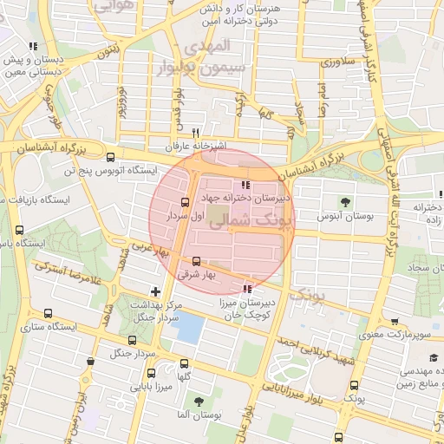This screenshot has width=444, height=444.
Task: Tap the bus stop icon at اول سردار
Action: pos(185,202)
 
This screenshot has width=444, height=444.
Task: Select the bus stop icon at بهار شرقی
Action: pos(196,260)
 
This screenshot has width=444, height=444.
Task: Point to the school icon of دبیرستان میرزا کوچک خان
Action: pos(248,288)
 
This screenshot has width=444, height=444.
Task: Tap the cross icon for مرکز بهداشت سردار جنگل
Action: pos(155,291)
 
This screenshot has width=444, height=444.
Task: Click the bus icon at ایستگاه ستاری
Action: pos(48,314)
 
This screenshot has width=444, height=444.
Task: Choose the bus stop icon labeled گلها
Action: pos(184,364)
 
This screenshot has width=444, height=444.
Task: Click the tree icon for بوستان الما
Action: pos(199,402)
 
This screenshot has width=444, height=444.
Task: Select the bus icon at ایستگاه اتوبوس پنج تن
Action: pos(110,157)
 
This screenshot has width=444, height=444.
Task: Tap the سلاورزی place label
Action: pos(337,62)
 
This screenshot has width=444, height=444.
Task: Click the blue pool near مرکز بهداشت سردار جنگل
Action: pos(188,328)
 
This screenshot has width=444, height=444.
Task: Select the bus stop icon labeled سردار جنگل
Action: pos(91,362)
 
